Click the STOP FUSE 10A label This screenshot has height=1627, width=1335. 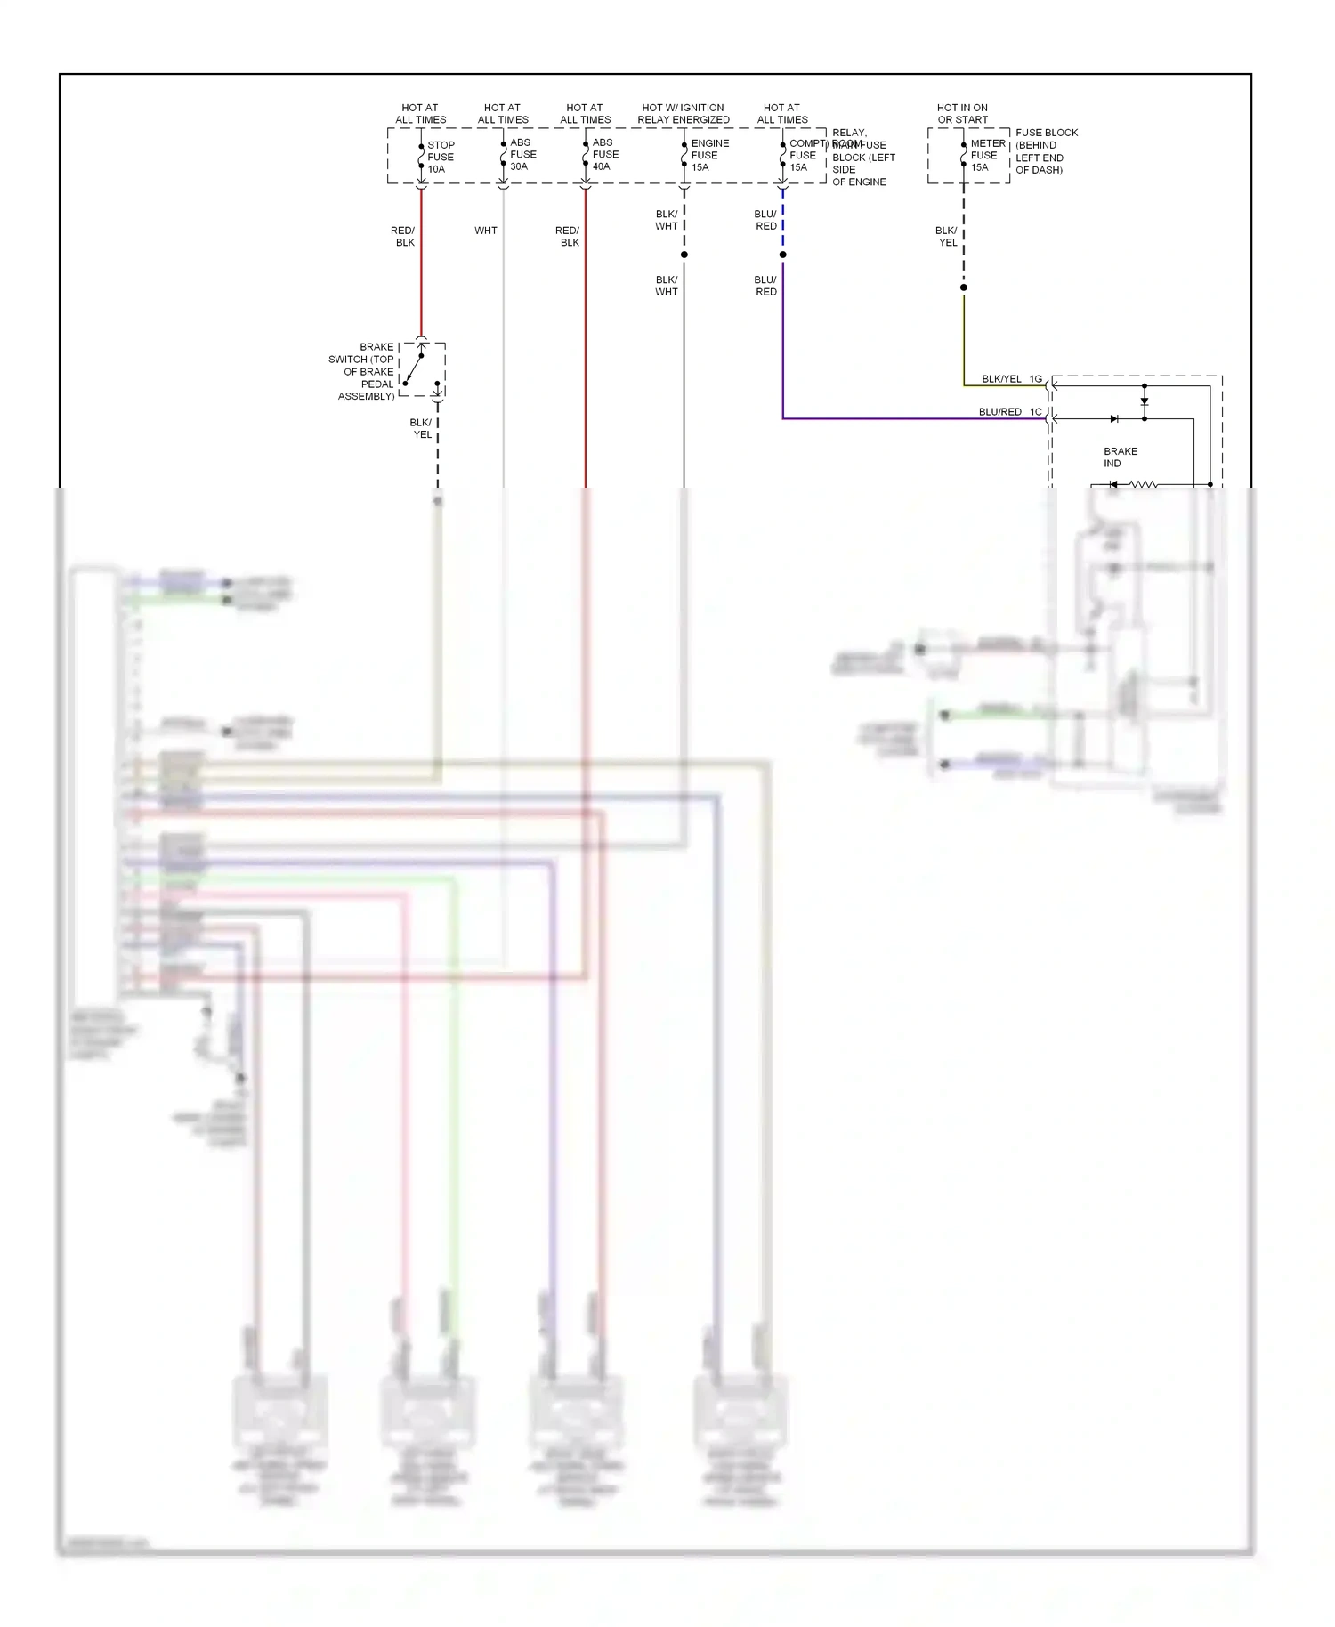[440, 157]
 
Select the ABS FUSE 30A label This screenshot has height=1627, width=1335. [522, 154]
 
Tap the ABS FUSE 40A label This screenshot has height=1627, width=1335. [604, 154]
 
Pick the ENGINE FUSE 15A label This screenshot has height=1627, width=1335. [708, 155]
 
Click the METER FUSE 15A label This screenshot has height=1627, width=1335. [986, 155]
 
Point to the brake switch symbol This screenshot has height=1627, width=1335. [421, 368]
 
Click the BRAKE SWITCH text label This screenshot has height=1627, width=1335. [363, 371]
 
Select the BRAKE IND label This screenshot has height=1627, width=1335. [1120, 457]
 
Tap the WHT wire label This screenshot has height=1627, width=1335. [485, 231]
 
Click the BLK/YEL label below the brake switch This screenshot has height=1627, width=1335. [421, 429]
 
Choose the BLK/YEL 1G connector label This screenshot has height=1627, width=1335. [1011, 379]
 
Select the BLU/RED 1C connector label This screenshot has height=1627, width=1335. [1009, 412]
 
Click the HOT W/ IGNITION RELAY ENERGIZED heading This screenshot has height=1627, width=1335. [683, 113]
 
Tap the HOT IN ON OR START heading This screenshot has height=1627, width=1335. [962, 113]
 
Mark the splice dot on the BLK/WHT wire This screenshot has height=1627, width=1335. [684, 255]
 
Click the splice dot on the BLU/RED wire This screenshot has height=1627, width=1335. [782, 255]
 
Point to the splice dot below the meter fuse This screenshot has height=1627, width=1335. [963, 287]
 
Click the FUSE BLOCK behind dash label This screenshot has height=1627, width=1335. [1045, 151]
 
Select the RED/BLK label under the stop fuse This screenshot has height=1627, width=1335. [403, 236]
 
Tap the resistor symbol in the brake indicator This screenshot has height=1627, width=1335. [1143, 485]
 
